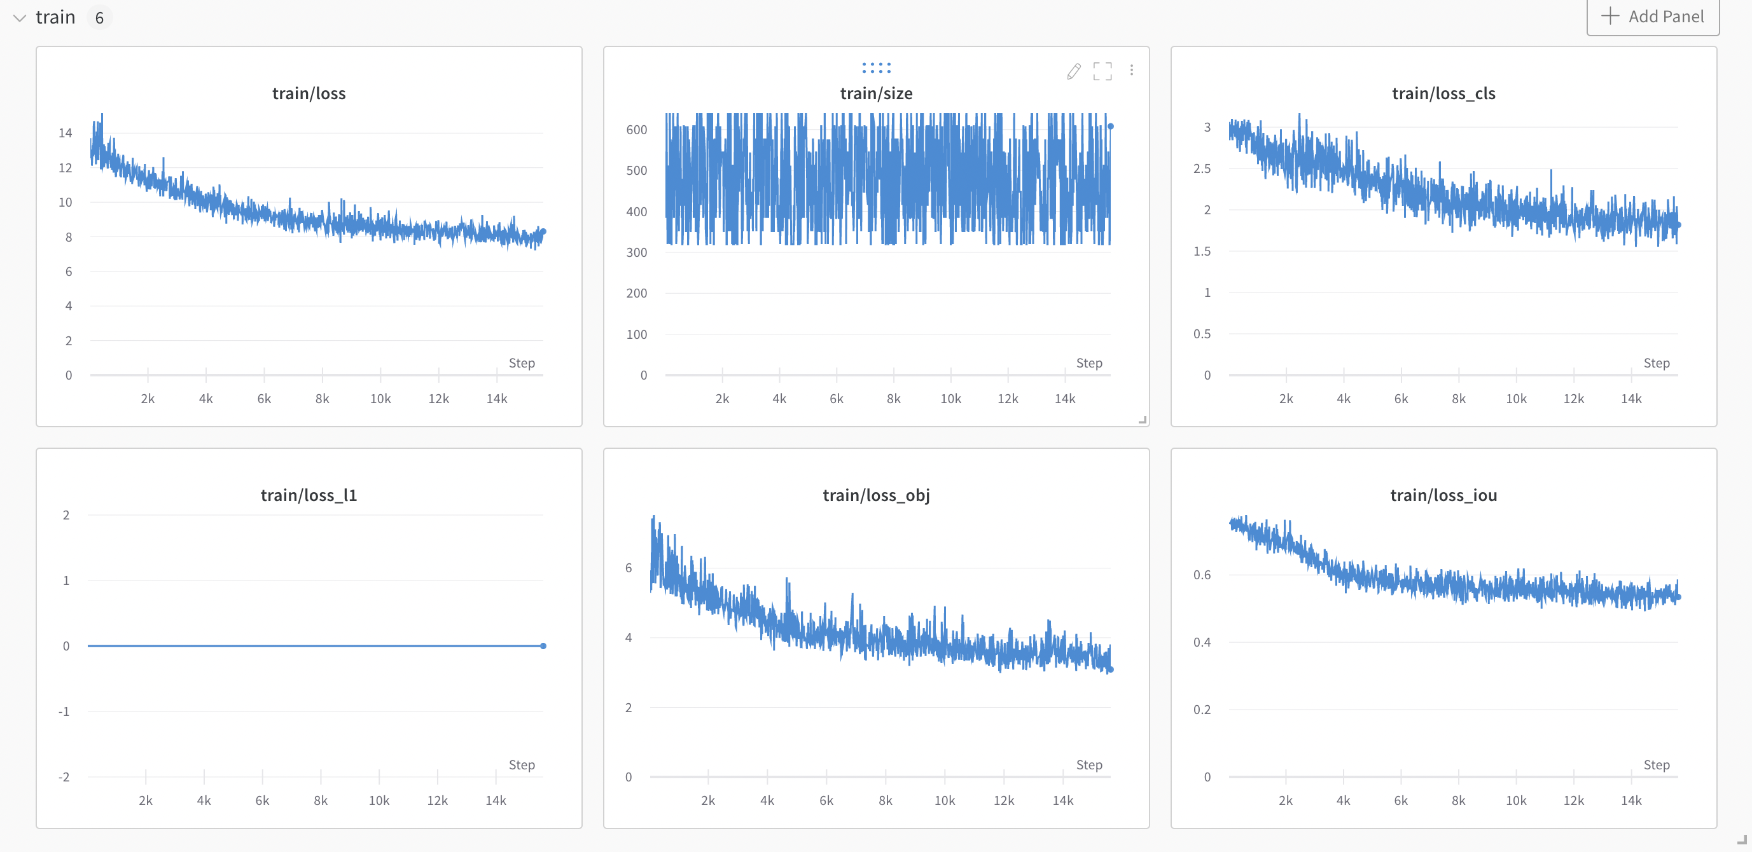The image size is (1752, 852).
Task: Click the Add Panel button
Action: (1653, 17)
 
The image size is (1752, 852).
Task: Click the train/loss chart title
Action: (309, 93)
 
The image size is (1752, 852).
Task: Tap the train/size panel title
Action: (876, 93)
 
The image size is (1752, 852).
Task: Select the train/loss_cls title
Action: (1443, 93)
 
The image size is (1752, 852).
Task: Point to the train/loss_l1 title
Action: (309, 495)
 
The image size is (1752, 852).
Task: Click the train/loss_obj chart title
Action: (876, 495)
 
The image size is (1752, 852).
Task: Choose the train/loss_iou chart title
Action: (1443, 495)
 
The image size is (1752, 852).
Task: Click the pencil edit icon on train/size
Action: (1073, 71)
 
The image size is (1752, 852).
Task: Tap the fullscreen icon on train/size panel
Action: (1102, 71)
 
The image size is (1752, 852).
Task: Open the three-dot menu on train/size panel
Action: (1132, 70)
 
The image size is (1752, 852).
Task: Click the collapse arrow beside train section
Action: (20, 18)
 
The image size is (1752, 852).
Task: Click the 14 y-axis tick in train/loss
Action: (66, 133)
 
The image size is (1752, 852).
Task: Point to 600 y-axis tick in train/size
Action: (637, 129)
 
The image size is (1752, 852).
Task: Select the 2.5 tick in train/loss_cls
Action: (1202, 168)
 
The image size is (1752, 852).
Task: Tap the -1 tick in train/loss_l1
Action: (64, 711)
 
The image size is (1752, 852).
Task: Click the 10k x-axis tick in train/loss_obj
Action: (944, 800)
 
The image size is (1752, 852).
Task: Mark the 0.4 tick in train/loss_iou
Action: (1202, 642)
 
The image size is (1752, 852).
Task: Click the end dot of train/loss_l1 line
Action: (543, 646)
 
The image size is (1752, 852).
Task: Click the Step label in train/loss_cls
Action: (1656, 363)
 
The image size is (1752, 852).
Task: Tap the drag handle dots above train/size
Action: (876, 68)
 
